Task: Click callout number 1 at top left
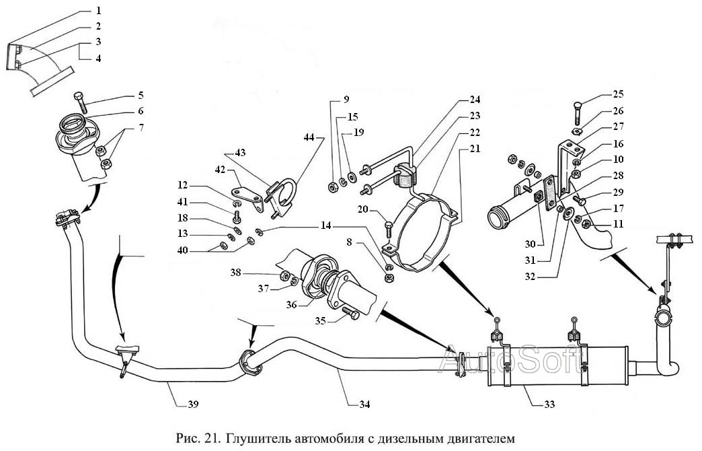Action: pyautogui.click(x=98, y=11)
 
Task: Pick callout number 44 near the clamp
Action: pyautogui.click(x=309, y=137)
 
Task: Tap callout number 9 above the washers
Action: pyautogui.click(x=346, y=100)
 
